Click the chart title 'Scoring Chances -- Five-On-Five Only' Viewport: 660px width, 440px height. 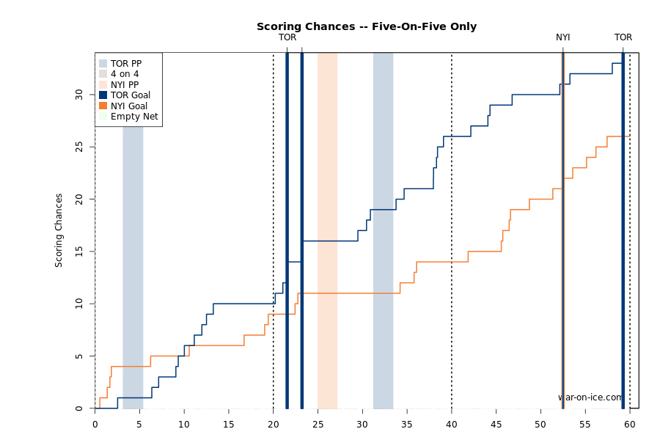[x=366, y=26]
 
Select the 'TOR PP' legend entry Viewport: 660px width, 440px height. [x=125, y=64]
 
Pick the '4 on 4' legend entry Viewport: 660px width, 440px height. [x=124, y=74]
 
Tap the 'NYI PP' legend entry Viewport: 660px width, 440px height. [x=124, y=85]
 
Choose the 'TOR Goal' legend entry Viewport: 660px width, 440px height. [x=130, y=95]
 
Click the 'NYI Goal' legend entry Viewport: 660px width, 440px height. [x=128, y=106]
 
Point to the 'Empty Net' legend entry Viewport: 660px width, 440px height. [x=133, y=117]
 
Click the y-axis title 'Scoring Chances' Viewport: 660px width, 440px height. [x=59, y=230]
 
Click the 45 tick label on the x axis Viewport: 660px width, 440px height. [x=496, y=424]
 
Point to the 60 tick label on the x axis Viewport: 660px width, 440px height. [x=630, y=424]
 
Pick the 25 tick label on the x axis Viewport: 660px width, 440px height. [x=318, y=424]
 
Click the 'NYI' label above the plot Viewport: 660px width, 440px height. [x=562, y=37]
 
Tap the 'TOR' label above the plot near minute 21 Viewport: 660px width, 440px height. [x=287, y=37]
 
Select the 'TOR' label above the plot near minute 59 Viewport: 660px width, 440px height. [x=623, y=37]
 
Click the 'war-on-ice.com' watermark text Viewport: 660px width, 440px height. [x=590, y=397]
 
